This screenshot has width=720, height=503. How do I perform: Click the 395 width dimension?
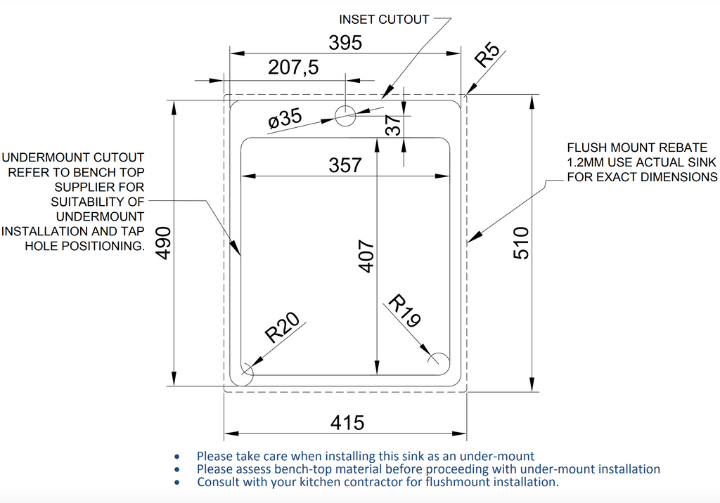tap(345, 43)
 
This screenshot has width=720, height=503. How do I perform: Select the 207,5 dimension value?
tap(293, 68)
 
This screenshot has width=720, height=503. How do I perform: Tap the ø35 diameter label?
tap(285, 119)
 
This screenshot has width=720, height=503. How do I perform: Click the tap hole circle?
tap(345, 115)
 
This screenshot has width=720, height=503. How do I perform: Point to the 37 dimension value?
tap(394, 126)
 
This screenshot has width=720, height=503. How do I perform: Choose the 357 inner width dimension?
tap(345, 165)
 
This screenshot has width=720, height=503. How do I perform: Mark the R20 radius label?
tap(282, 328)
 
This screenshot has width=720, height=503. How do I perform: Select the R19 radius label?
tap(404, 312)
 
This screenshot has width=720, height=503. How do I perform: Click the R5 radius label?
tap(487, 54)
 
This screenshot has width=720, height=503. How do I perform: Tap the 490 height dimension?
tap(164, 243)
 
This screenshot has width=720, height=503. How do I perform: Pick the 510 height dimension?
tap(521, 243)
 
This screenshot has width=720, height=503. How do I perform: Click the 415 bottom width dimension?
tap(347, 423)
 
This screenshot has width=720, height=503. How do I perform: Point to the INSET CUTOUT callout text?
tap(384, 20)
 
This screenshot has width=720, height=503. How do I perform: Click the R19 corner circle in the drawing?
tap(438, 359)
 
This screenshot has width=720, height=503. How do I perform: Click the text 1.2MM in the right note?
tap(586, 162)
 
